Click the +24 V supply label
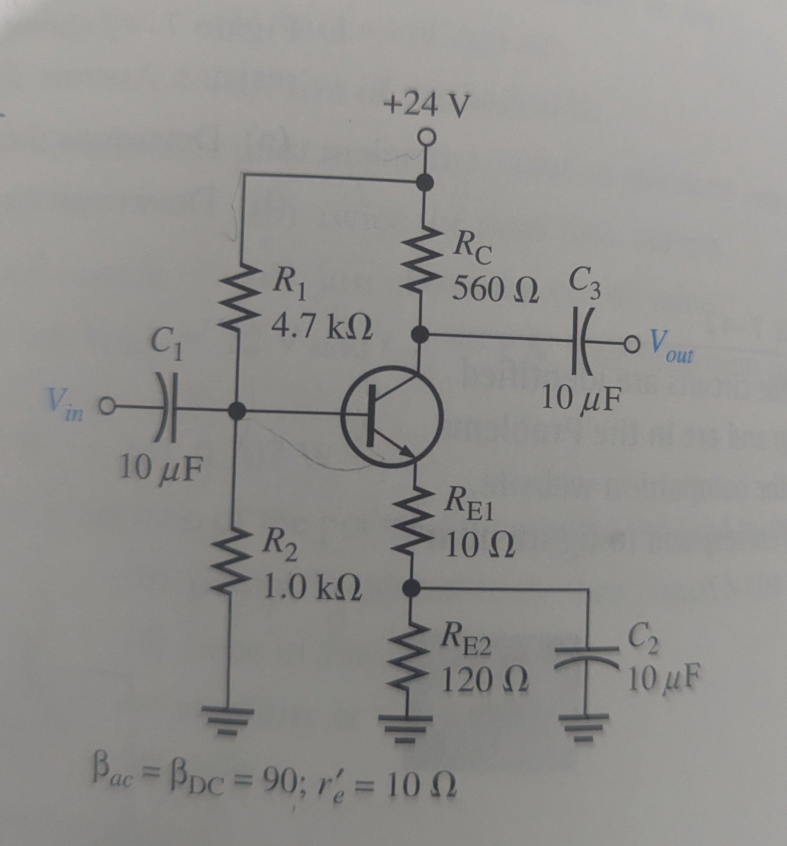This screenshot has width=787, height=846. pos(426,105)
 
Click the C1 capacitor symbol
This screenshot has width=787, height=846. pos(166,409)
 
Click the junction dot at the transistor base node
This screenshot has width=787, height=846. pos(237,411)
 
